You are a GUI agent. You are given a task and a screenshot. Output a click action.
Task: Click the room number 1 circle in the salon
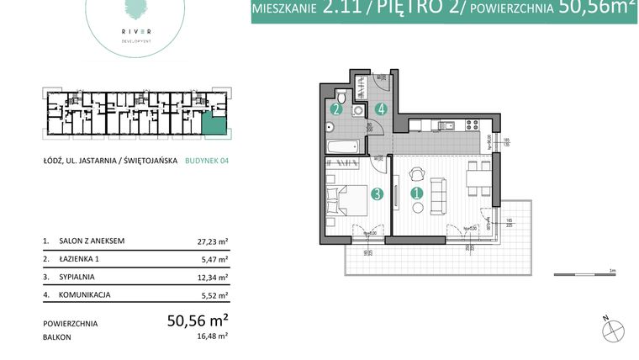416,193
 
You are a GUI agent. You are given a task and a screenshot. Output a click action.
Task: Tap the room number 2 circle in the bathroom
336,109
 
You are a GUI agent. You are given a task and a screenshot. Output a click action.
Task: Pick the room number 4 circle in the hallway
381,109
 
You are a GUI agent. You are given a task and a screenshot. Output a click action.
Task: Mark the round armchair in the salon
417,173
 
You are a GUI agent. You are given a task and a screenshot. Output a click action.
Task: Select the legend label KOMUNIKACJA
85,294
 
